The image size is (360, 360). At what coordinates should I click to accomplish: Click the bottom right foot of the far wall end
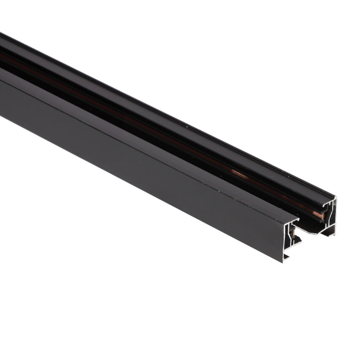(333, 235)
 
